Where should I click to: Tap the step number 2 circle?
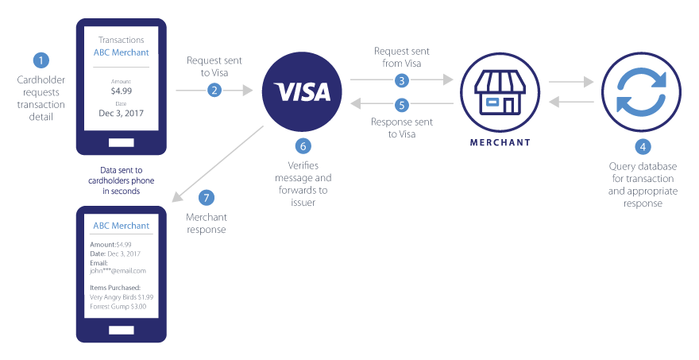(x=214, y=91)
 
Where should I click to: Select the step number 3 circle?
(x=402, y=80)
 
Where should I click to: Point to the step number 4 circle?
(x=642, y=146)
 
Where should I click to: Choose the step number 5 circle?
(x=402, y=105)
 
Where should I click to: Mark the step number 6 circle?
(x=302, y=145)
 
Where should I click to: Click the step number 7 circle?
(x=206, y=197)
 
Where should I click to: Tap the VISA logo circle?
(x=302, y=91)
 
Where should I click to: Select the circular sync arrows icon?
(x=642, y=91)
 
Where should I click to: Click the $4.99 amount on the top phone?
(x=122, y=91)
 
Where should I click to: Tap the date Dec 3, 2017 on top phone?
(x=122, y=114)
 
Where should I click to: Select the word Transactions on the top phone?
(x=122, y=40)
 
